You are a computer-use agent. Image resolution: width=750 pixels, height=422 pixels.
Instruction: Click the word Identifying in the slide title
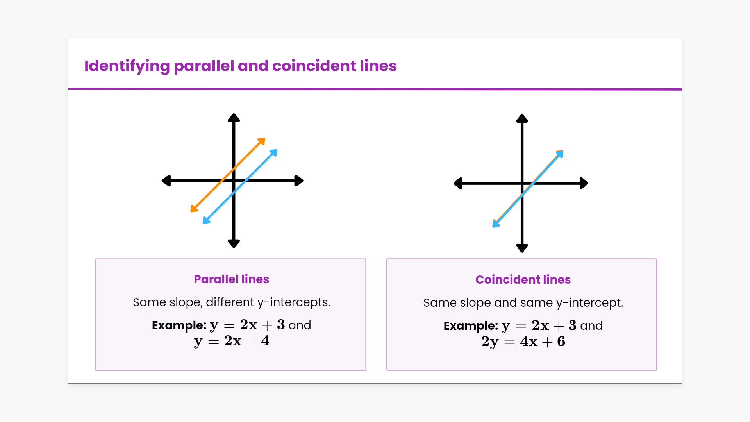pos(127,66)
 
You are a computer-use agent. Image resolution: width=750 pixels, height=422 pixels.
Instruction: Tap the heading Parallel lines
pos(231,279)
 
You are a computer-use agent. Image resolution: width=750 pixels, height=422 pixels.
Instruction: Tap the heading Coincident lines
pos(523,279)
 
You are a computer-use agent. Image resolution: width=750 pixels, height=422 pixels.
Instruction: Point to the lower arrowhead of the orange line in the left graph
pos(194,208)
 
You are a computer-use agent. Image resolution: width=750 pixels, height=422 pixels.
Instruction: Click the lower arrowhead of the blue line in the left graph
pos(206,220)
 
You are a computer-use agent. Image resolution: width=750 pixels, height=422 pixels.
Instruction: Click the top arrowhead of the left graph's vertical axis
pos(234,117)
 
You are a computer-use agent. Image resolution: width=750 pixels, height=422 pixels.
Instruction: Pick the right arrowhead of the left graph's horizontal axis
pos(299,181)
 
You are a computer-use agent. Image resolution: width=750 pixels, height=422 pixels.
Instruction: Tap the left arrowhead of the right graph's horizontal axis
pos(458,183)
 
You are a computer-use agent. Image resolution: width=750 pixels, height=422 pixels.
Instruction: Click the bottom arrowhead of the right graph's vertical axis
pos(522,248)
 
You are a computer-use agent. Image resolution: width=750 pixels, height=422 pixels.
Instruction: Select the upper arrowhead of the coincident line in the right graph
pos(560,154)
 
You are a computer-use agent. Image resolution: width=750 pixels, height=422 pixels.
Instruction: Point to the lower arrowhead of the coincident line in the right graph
pos(496,224)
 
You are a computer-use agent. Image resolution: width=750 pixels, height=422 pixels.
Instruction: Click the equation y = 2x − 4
pos(232,341)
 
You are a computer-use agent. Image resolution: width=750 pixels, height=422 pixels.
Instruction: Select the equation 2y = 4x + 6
pos(523,342)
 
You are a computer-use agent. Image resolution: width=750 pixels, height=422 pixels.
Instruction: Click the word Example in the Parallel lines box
pos(179,325)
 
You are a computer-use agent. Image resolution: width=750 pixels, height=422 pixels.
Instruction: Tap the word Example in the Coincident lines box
pos(471,325)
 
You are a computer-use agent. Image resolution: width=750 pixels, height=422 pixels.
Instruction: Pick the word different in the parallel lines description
pos(230,302)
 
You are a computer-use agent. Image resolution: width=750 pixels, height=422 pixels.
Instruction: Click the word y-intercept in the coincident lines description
pos(589,303)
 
